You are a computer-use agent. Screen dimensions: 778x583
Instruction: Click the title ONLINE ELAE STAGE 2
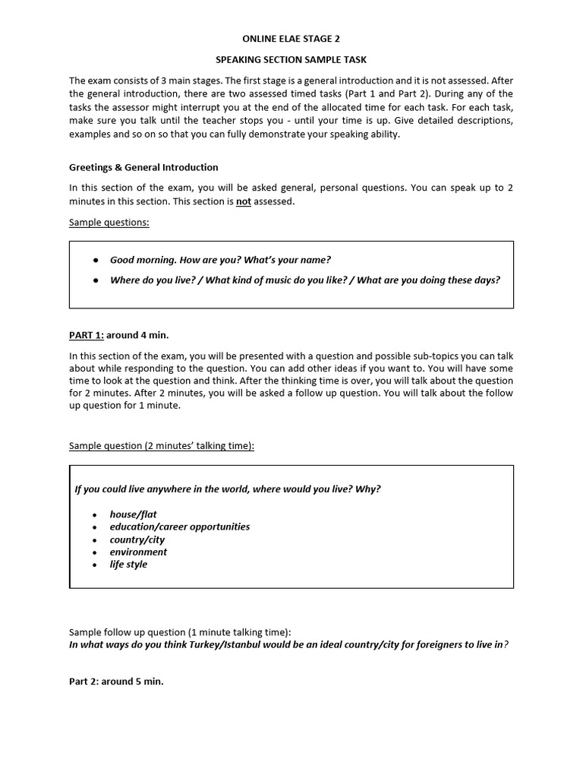291,39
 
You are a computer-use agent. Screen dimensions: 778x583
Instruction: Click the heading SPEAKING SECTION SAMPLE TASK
291,59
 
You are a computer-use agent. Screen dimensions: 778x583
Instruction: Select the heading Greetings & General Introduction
143,167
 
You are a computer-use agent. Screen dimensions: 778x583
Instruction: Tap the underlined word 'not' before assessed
243,201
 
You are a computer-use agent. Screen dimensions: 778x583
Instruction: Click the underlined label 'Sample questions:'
109,222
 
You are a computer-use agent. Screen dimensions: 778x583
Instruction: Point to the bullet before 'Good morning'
96,260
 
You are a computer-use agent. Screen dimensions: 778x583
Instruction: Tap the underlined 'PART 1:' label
86,335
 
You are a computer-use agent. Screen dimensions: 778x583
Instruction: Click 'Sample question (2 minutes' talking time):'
162,445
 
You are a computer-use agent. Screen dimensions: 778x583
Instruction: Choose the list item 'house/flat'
133,514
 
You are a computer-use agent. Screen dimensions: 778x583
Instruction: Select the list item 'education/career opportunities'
179,527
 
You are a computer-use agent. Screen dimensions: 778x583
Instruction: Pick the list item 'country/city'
137,539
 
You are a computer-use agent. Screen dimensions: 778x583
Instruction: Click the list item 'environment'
138,552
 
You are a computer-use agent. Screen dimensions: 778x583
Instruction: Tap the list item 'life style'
128,565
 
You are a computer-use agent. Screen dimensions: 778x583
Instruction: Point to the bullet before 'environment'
94,552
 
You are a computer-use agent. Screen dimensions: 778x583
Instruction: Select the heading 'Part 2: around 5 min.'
116,682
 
